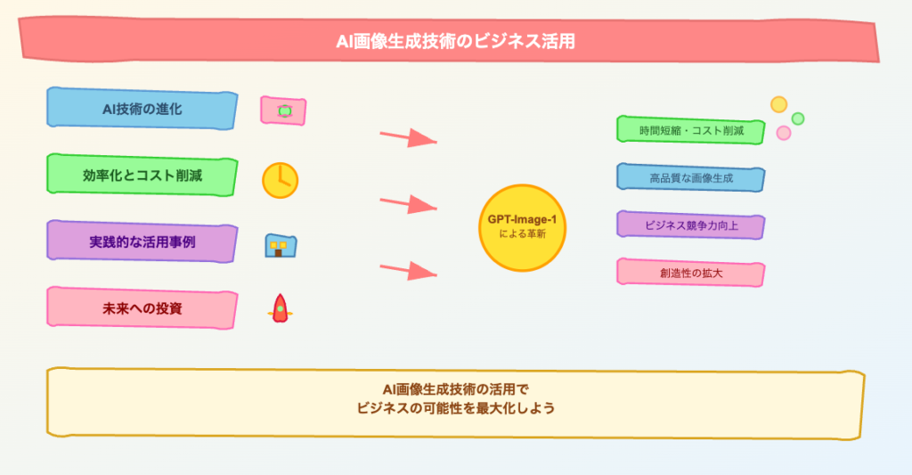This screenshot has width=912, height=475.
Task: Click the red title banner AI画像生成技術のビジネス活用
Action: coord(449,40)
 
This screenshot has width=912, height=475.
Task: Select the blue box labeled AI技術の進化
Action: coord(142,109)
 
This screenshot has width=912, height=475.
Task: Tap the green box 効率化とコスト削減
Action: coord(142,176)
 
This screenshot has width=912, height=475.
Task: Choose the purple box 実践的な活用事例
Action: coord(142,242)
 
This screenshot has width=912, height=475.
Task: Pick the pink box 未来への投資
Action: coord(142,308)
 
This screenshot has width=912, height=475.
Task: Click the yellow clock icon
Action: coord(281,180)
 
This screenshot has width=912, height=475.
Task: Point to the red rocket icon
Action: coord(281,308)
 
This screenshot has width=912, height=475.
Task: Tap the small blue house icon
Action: coord(281,246)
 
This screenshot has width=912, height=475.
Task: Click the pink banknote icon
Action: coord(283,111)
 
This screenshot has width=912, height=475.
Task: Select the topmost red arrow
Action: coord(408,137)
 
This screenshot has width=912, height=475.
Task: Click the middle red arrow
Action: coord(408,204)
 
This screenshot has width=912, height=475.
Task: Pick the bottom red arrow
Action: coord(408,271)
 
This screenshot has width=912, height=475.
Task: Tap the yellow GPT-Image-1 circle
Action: coord(522,228)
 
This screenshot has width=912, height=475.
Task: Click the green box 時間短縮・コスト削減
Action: coord(691,130)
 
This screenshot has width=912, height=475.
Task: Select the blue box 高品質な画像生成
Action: coord(691,177)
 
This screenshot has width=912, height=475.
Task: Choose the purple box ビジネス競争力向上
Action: coord(691,225)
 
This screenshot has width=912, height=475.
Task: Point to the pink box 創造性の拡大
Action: coord(691,273)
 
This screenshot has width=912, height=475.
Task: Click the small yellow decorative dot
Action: coord(778,105)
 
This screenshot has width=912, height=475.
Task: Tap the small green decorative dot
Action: coord(798,119)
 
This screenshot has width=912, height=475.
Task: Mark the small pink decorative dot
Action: coord(784,134)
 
